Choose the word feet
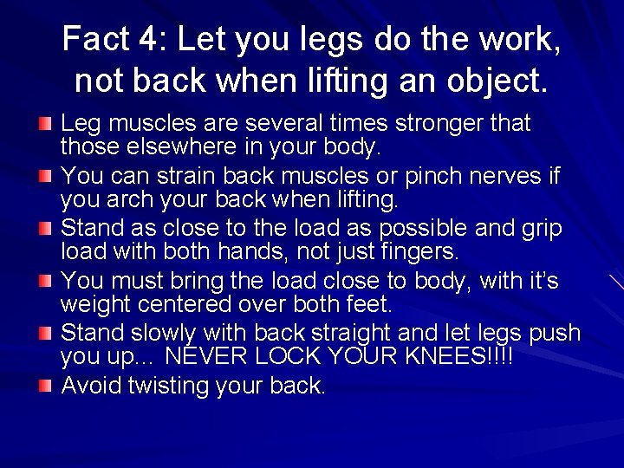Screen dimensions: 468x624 (x=367, y=304)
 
